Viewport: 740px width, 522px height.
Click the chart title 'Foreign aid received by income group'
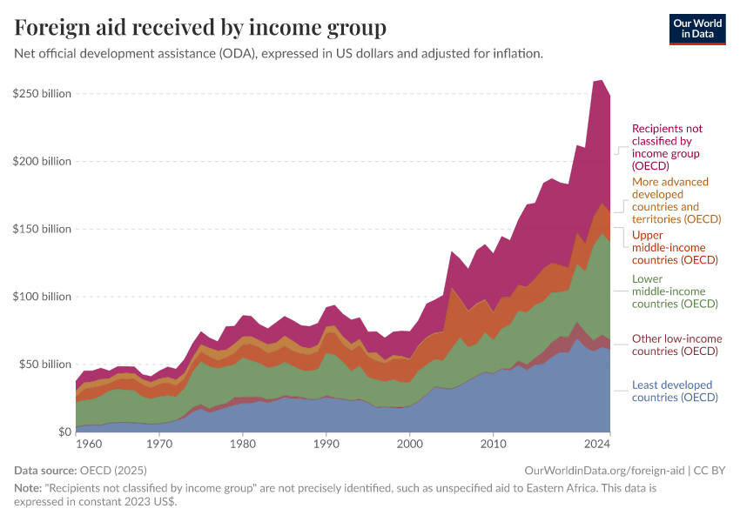tap(200, 28)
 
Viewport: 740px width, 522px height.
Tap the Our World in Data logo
tap(696, 29)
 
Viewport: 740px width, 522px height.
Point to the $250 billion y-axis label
tap(42, 93)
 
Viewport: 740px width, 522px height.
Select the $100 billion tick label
tap(42, 297)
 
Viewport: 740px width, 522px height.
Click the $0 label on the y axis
tap(64, 432)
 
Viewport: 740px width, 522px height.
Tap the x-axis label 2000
tap(409, 445)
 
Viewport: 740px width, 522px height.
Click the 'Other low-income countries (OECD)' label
tap(676, 345)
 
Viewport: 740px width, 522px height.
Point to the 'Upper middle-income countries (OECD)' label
tap(675, 247)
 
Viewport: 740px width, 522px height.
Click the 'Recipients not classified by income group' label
tap(667, 147)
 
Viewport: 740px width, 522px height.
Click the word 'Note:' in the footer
tap(29, 489)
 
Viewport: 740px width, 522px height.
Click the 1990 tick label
tap(326, 445)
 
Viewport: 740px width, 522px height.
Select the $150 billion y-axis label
tap(42, 229)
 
